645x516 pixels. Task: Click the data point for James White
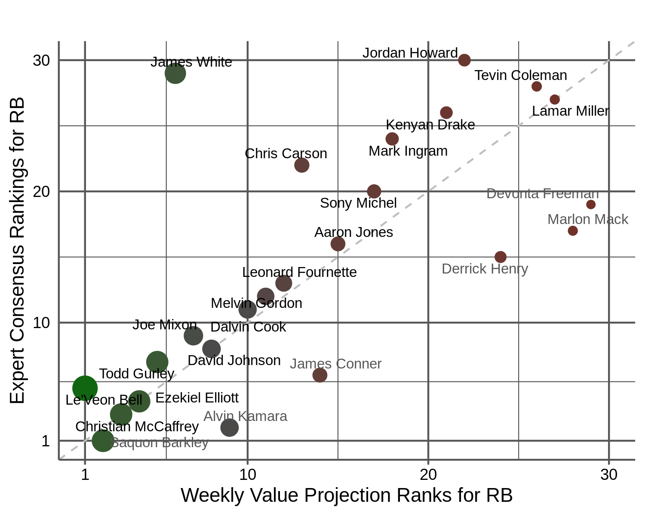point(175,73)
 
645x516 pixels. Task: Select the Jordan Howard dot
point(464,60)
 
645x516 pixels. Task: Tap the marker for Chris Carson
point(301,165)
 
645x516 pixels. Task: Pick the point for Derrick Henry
point(500,257)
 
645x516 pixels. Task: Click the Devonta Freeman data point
point(591,205)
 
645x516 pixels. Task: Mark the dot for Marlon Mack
point(572,231)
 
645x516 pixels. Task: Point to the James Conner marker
point(319,375)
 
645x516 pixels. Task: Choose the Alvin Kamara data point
point(229,427)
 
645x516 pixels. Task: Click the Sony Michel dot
point(374,191)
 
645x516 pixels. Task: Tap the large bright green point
point(85,388)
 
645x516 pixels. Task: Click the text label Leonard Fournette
point(299,272)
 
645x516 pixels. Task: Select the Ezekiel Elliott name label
point(197,398)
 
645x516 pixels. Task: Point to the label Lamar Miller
point(570,111)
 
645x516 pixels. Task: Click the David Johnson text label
point(234,360)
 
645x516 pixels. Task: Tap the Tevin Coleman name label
point(520,75)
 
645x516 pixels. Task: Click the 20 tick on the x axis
point(428,475)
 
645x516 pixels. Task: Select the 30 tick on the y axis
point(41,61)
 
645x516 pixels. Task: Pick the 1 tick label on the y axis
point(46,441)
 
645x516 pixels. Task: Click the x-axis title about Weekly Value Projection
point(347,495)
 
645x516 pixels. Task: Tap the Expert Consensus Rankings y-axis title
point(17,251)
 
